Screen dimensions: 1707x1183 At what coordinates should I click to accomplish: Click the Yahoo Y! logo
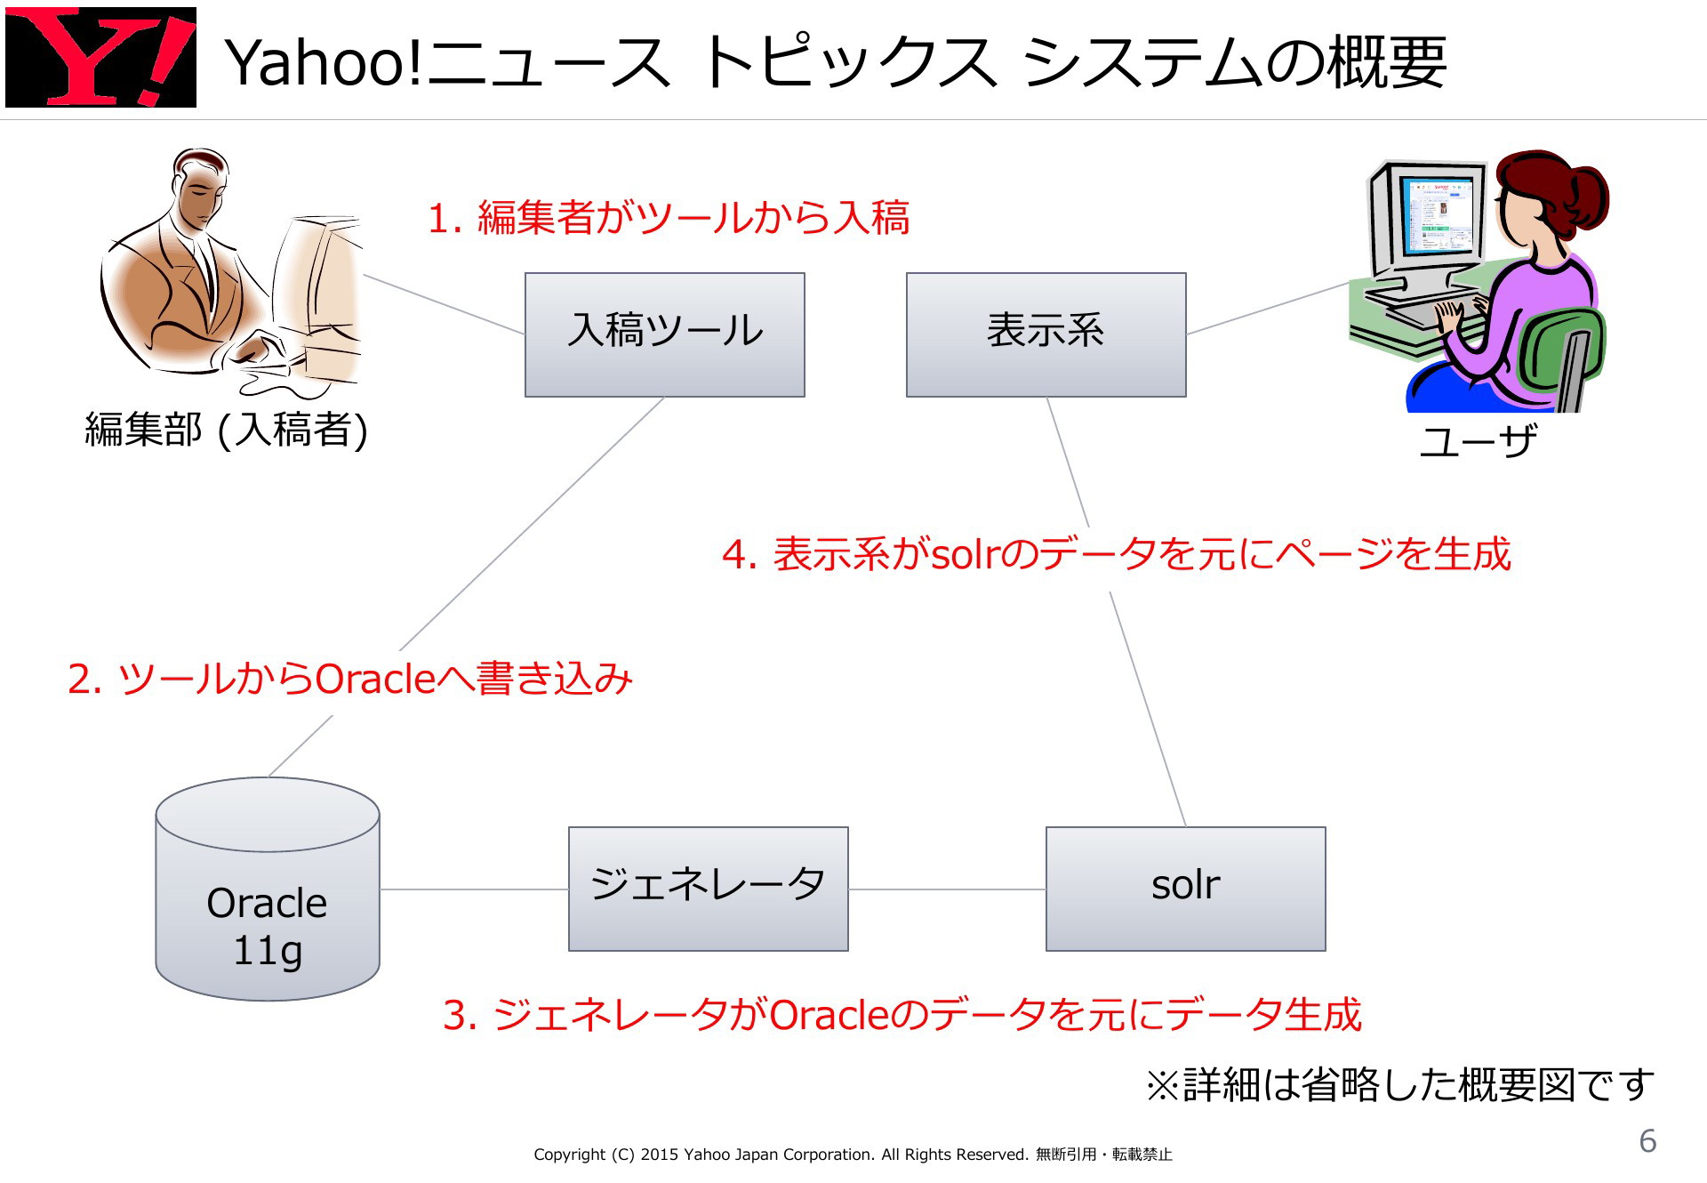coord(100,57)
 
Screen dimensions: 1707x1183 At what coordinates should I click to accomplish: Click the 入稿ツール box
coord(665,334)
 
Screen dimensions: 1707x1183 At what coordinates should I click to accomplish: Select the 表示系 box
coord(1046,334)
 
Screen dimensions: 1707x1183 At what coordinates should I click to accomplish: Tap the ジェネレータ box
coord(709,889)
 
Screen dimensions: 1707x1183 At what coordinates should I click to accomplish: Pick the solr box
coord(1186,889)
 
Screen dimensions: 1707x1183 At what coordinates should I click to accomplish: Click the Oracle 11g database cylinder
coord(268,889)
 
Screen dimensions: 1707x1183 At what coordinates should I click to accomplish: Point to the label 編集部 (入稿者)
coord(226,430)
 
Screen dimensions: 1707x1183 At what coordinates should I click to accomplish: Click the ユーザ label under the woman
coord(1478,439)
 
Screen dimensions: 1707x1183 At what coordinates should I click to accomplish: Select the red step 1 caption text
coord(669,218)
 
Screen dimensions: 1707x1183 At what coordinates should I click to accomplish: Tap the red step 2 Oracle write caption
coord(350,679)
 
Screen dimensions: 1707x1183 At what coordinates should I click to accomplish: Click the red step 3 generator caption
coord(902,1015)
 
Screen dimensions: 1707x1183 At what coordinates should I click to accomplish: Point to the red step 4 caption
coord(1117,554)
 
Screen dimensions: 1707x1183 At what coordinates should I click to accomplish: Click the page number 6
coord(1647,1141)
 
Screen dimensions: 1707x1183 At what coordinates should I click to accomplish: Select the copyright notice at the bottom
coord(853,1155)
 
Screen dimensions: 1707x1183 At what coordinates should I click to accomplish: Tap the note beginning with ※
coord(1400,1085)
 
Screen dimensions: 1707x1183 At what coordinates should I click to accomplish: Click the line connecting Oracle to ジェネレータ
coord(474,889)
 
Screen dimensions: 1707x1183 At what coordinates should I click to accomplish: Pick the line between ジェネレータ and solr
coord(948,889)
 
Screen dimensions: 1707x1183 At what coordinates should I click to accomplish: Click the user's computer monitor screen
coord(1437,217)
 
